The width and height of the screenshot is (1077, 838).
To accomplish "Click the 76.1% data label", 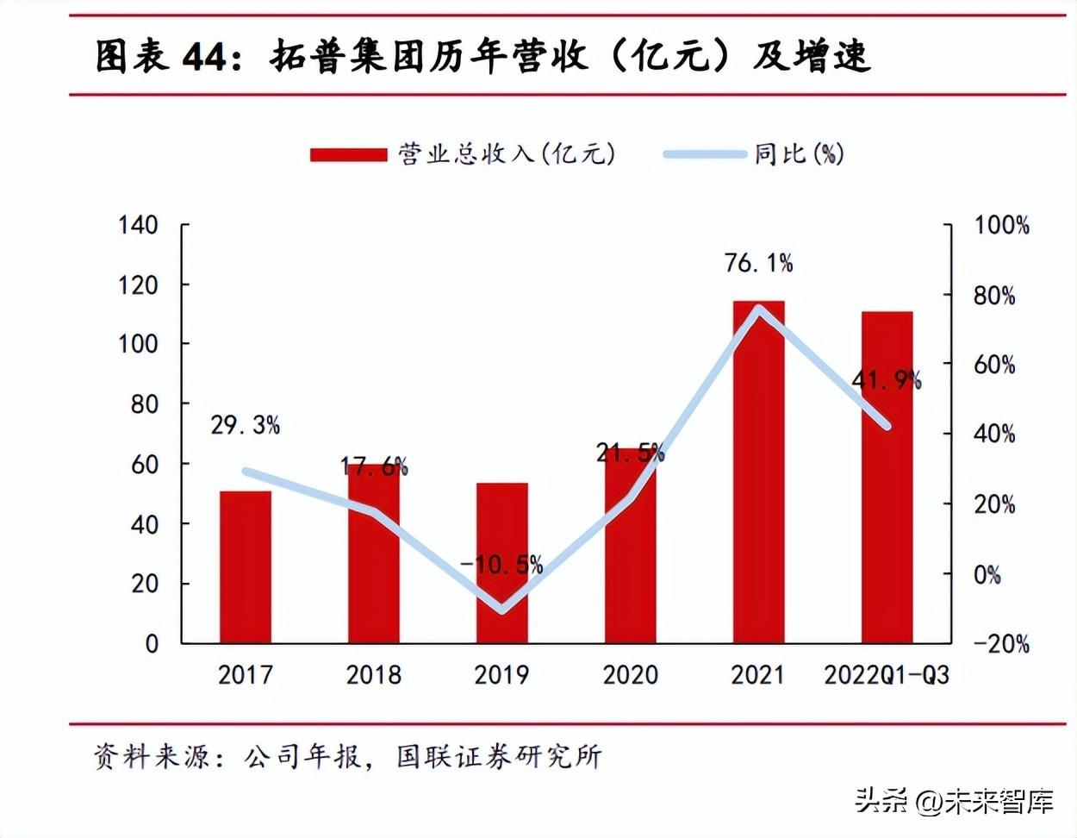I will pyautogui.click(x=758, y=263).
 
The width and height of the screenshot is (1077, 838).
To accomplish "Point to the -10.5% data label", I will pyautogui.click(x=501, y=565).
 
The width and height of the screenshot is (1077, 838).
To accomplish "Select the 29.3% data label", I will pyautogui.click(x=246, y=425).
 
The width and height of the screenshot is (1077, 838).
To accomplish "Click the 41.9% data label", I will pyautogui.click(x=887, y=379).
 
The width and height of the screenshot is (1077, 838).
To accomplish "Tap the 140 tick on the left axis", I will pyautogui.click(x=138, y=225).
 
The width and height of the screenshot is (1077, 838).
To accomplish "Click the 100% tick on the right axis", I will pyautogui.click(x=1001, y=226).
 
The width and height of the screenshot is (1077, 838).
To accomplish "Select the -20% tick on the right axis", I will pyautogui.click(x=1001, y=643).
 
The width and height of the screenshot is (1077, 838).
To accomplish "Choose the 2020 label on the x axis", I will pyautogui.click(x=630, y=674).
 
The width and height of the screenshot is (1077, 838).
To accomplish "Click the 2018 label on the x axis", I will pyautogui.click(x=373, y=674).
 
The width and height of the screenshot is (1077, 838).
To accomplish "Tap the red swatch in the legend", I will pyautogui.click(x=348, y=155).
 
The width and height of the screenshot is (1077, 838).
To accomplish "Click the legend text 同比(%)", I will pyautogui.click(x=799, y=154).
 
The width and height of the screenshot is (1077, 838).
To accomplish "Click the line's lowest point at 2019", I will pyautogui.click(x=502, y=610).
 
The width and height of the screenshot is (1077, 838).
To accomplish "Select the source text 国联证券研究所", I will pyautogui.click(x=499, y=757).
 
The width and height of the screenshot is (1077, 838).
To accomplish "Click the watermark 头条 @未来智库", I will pyautogui.click(x=955, y=802).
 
